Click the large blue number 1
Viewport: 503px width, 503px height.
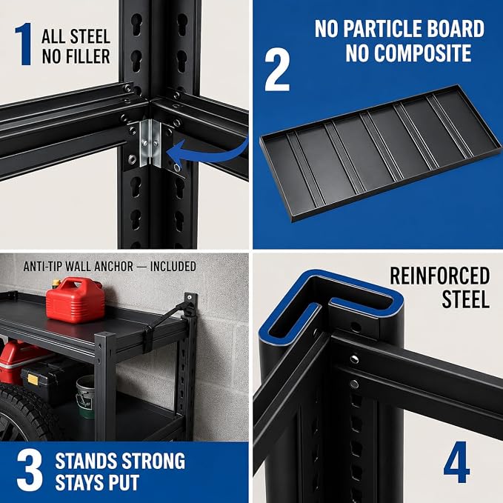24,44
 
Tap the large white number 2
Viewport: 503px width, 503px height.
277,70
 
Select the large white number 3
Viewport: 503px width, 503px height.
30,470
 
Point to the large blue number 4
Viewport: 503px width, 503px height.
456,462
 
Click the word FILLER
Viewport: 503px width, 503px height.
76,56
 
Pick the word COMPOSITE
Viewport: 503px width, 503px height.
408,53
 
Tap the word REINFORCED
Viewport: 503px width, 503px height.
440,276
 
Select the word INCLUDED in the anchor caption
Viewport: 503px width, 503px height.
173,266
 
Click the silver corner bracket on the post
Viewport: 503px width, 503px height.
150,143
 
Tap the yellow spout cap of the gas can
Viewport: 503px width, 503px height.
56,283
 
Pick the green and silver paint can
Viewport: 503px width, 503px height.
86,396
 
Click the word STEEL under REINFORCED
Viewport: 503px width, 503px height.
465,299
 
